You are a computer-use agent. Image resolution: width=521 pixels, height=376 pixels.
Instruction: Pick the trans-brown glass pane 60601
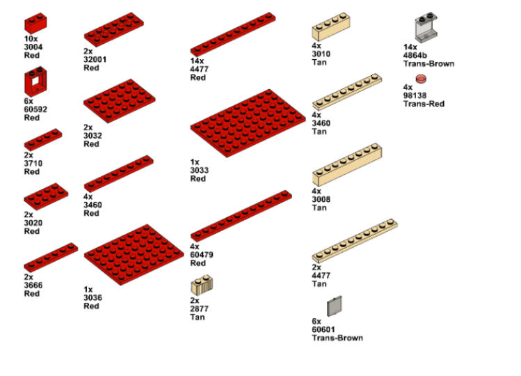click(335, 307)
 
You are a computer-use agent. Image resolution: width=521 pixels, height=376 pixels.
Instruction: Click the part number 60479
click(202, 255)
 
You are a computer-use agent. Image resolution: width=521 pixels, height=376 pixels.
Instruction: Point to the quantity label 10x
click(30, 39)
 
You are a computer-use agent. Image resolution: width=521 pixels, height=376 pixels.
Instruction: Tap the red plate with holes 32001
click(115, 29)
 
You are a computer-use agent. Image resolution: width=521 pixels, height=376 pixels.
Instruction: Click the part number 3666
click(32, 285)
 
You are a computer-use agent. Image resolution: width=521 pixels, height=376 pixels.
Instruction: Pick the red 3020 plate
click(41, 196)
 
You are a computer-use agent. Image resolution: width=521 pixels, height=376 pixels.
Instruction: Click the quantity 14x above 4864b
click(410, 47)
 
